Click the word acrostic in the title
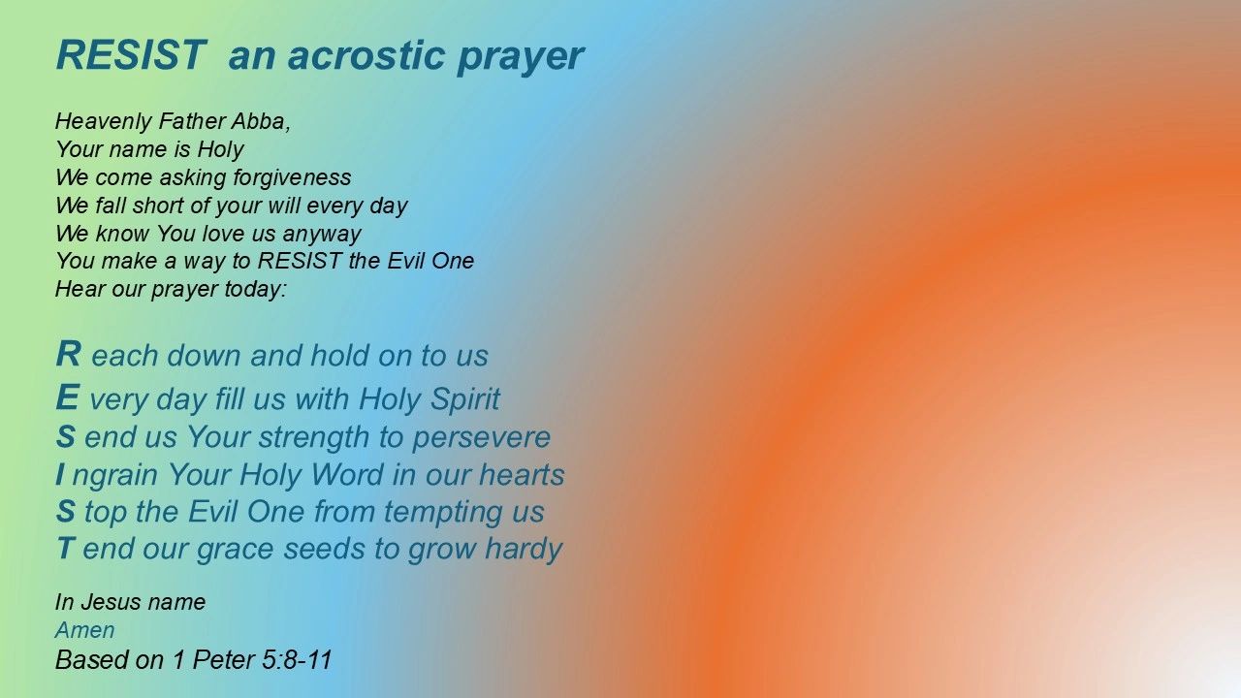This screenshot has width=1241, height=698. (366, 55)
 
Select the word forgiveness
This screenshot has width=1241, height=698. (292, 177)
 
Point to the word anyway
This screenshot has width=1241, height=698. (322, 235)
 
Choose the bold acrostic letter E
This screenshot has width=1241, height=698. (67, 397)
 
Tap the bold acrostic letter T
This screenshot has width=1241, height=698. (65, 548)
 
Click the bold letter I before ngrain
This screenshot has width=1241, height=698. (60, 474)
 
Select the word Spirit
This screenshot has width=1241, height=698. (464, 399)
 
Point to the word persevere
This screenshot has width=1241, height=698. (482, 438)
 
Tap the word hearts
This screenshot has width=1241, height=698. (522, 475)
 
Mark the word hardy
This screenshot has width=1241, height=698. (524, 549)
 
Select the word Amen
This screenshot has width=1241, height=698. (85, 630)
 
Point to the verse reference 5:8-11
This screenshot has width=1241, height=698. (298, 660)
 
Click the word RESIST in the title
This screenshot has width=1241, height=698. (131, 55)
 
